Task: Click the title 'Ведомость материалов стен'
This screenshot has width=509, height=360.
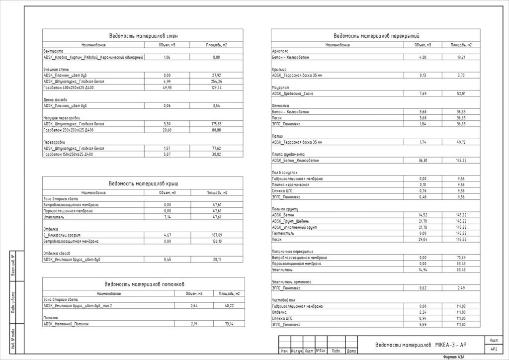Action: [143, 36]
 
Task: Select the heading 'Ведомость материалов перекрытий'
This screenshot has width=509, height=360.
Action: [376, 36]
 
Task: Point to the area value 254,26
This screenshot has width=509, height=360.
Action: [216, 82]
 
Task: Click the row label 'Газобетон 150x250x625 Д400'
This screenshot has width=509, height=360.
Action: [69, 155]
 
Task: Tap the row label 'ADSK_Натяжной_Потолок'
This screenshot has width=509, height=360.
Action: [67, 324]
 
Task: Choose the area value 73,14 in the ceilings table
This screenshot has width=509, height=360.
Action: [229, 324]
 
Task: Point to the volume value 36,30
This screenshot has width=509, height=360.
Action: [423, 161]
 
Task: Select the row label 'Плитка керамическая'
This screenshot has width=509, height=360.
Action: [290, 184]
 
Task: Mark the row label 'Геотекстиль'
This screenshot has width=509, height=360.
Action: [282, 233]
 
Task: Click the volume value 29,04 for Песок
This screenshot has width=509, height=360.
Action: [423, 239]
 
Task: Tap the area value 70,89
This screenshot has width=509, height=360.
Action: [461, 258]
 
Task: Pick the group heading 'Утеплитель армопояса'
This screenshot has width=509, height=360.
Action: [291, 281]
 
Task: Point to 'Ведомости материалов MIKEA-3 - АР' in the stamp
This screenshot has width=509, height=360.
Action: [421, 345]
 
